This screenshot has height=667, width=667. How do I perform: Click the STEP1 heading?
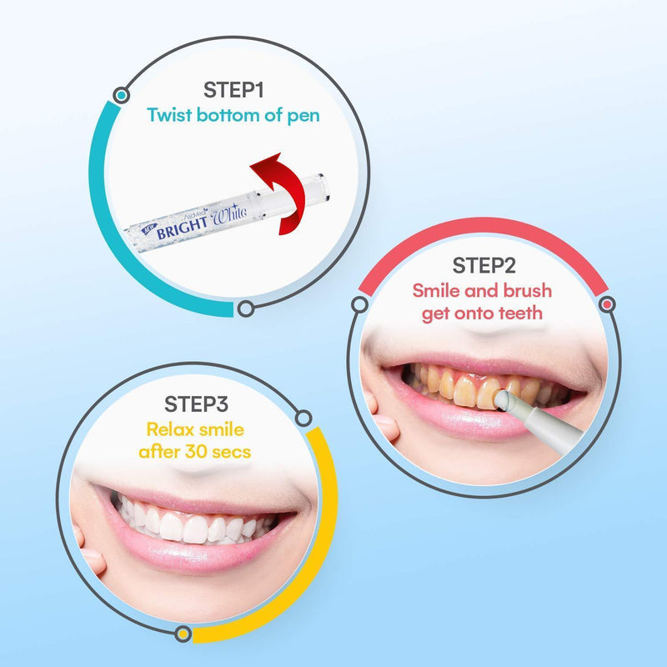tap(233, 90)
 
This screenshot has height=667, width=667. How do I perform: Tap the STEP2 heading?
tap(484, 265)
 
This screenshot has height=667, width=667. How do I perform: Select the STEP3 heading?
tap(196, 404)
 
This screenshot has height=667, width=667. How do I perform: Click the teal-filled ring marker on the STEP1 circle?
tap(122, 95)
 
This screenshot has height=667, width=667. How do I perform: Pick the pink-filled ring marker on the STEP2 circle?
tap(607, 304)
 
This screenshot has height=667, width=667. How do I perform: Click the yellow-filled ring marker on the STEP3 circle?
tap(183, 634)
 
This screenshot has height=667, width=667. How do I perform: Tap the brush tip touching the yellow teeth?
tap(502, 400)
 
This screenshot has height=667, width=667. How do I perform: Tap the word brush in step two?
tap(528, 291)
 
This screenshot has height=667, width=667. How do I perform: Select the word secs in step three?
tap(232, 453)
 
